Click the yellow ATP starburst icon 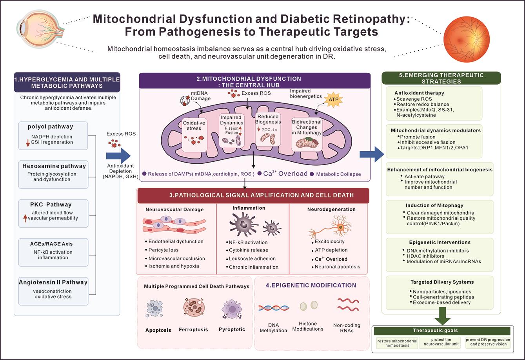(x=333, y=99)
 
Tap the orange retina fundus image (x=467, y=39)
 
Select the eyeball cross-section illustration (x=40, y=29)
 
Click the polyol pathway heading (x=51, y=127)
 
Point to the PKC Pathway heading (x=51, y=204)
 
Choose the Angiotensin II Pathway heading (x=53, y=282)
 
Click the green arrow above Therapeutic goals (x=443, y=316)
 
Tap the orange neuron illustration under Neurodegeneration (x=331, y=226)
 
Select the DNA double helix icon (x=274, y=308)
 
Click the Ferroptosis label (x=193, y=329)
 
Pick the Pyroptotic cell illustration (x=232, y=309)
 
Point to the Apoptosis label (x=158, y=330)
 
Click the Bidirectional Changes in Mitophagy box (x=307, y=134)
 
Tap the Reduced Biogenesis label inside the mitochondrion (x=268, y=119)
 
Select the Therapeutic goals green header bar (x=442, y=331)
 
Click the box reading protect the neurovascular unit (x=441, y=343)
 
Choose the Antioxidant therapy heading (x=419, y=93)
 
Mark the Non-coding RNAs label (x=347, y=328)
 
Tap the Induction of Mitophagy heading (x=434, y=205)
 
